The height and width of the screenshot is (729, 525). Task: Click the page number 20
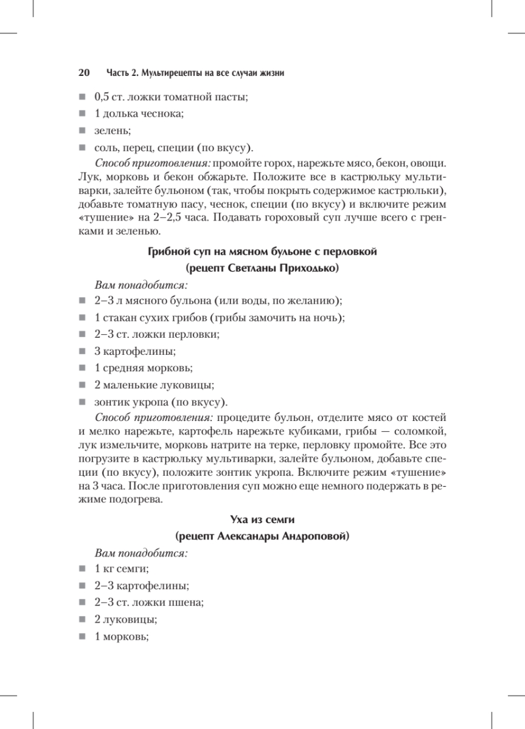(x=85, y=73)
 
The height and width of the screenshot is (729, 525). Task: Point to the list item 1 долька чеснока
(x=139, y=114)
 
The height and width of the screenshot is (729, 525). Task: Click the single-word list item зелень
(x=113, y=131)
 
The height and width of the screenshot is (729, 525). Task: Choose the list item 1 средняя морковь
(x=144, y=368)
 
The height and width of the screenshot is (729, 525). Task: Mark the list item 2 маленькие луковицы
(x=155, y=385)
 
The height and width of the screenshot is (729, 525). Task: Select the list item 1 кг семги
(x=122, y=569)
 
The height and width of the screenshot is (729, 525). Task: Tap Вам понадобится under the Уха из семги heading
(x=141, y=553)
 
